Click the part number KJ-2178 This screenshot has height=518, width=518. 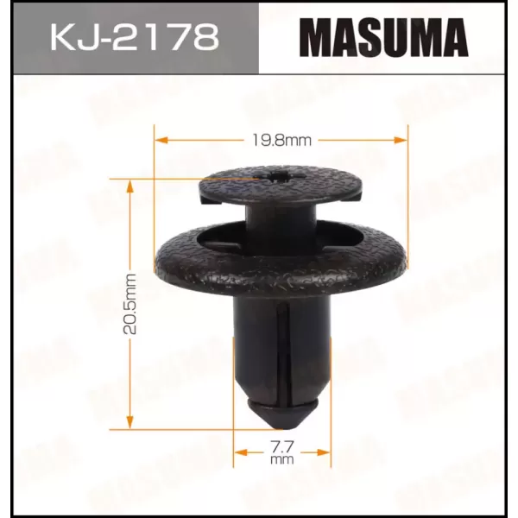[x=135, y=36]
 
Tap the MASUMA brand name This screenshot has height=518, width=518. [x=384, y=38]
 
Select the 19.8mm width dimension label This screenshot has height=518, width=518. [x=281, y=141]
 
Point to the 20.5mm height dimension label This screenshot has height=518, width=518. [x=129, y=304]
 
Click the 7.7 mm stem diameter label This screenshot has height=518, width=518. [x=281, y=452]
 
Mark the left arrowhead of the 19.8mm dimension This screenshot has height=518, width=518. [x=161, y=140]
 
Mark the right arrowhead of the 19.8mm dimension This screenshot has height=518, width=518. [x=401, y=140]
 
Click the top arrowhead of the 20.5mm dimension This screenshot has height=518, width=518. [x=129, y=186]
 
